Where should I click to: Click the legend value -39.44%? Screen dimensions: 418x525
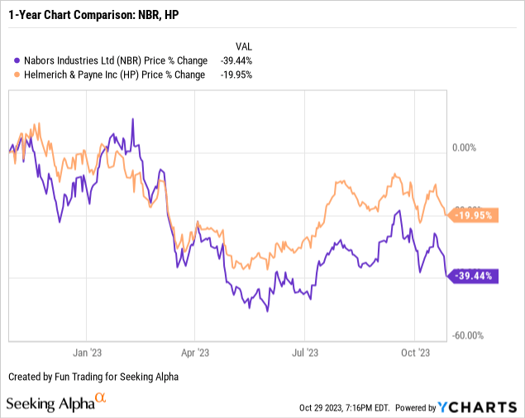tap(236, 60)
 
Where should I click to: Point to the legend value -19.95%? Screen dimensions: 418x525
tap(236, 74)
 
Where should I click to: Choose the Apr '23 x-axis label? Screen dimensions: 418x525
tap(194, 352)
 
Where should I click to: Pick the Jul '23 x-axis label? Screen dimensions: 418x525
tap(305, 352)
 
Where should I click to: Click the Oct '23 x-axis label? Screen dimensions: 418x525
tap(416, 352)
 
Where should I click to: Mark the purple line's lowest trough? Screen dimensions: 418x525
tap(267, 310)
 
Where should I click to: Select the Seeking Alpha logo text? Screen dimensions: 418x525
tap(51, 404)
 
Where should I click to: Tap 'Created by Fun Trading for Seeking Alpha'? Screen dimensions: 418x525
tap(93, 377)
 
